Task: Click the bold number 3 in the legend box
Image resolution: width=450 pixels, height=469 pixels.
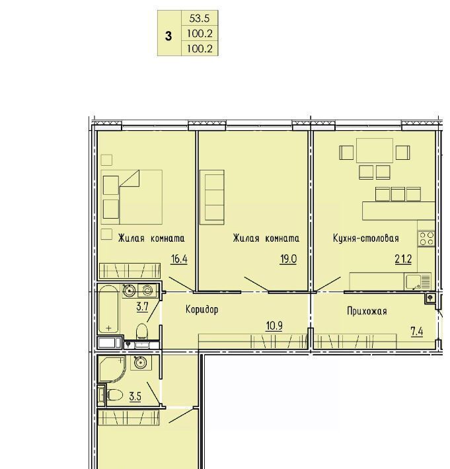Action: coord(169,36)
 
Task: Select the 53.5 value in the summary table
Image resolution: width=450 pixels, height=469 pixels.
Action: coord(200,18)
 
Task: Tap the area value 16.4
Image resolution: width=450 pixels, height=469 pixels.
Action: coord(179,259)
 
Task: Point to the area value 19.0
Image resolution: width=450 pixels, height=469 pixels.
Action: coord(288,259)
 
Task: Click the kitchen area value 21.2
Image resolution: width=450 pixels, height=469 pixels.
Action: coord(403,259)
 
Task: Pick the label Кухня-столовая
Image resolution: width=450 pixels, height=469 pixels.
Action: coord(366,238)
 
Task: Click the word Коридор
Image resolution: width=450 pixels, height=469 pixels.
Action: coord(202,310)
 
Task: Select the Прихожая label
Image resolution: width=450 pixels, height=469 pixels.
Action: coord(367,311)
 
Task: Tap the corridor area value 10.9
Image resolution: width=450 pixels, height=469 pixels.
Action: coord(274,326)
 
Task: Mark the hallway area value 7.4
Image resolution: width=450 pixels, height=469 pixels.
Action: coord(417,332)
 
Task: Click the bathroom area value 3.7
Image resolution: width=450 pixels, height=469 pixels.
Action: coord(143,307)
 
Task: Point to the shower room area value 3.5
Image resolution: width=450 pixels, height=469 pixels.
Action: coord(135,396)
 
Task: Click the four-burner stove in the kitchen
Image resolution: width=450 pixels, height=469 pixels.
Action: coord(427,238)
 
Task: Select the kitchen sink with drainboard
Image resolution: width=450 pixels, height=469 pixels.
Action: coord(418,282)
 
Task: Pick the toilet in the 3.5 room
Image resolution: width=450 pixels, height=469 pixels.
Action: coord(112,395)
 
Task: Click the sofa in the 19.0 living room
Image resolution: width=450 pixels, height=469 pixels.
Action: coord(212,197)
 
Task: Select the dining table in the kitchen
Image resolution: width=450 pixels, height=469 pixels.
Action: coord(375,151)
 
